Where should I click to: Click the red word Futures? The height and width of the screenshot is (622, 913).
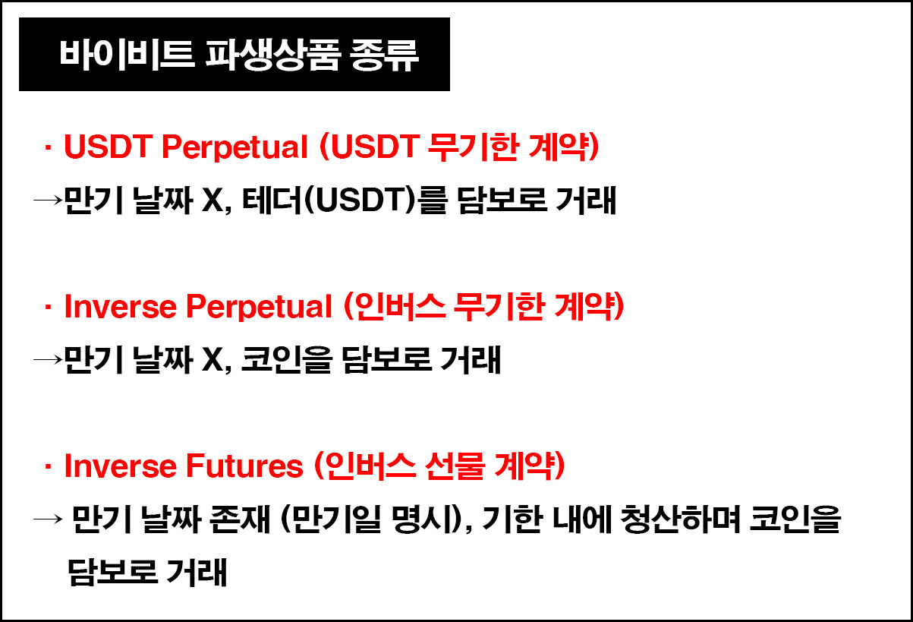(244, 466)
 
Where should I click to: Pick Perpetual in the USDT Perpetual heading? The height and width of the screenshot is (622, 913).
(235, 147)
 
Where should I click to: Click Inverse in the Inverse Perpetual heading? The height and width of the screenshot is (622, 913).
(121, 307)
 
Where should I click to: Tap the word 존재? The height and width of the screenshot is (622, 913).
(240, 519)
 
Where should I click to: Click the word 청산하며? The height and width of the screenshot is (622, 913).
(680, 519)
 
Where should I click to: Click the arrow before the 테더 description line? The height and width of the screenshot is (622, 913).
(48, 200)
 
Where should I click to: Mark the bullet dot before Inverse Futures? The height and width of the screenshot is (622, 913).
(48, 466)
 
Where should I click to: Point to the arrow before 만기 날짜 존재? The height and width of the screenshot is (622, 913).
(48, 519)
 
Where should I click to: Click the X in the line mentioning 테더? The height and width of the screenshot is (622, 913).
(213, 200)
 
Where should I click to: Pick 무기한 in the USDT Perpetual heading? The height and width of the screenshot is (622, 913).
(474, 147)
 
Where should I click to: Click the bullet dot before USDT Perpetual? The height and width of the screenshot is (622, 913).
(48, 147)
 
